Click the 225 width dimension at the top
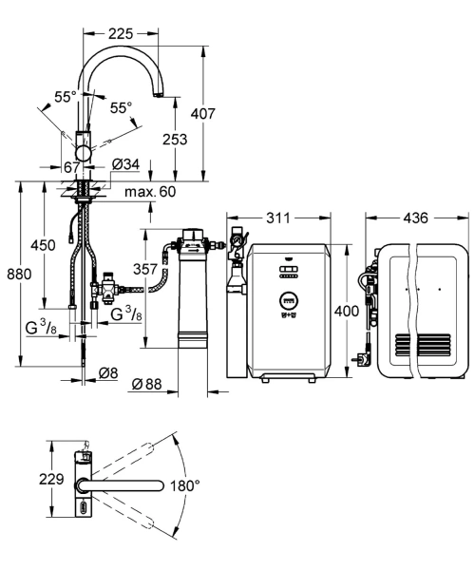121,34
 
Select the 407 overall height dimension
202,114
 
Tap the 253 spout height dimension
175,140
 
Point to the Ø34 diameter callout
125,164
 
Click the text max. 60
150,192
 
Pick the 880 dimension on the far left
19,274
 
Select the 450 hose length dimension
43,245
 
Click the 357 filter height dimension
145,269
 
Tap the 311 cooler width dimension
278,218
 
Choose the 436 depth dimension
416,218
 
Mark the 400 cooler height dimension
347,311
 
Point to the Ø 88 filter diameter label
146,384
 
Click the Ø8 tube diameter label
108,373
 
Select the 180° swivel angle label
184,484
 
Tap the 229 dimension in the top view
51,479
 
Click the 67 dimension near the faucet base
71,167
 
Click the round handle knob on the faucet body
83,153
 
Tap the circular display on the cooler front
289,300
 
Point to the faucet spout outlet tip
159,96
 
